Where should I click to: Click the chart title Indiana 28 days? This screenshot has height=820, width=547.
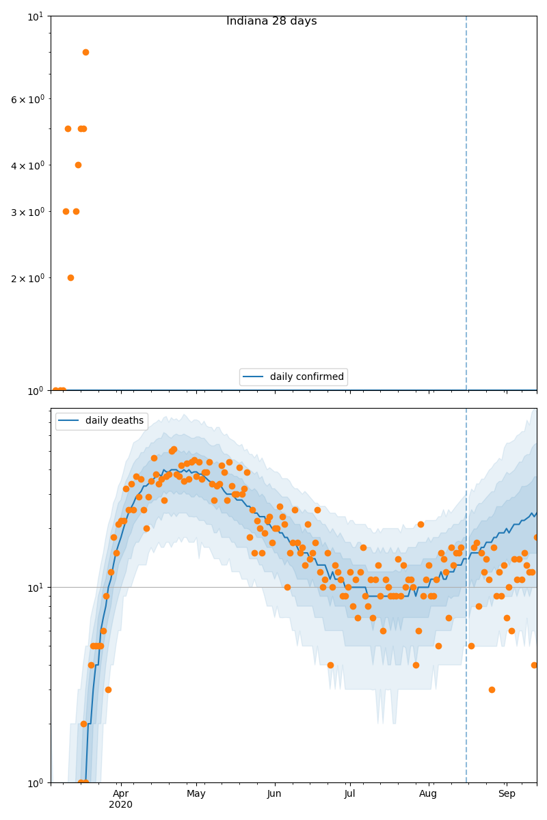coord(271,21)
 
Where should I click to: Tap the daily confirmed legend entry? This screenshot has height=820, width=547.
coord(293,377)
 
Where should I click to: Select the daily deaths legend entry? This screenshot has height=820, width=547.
coord(101,421)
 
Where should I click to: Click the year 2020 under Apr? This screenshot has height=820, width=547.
coord(120,804)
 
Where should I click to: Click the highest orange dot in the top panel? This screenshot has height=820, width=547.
coord(85,52)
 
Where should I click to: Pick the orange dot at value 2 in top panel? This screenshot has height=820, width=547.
coord(70,277)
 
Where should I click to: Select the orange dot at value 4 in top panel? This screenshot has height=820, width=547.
coord(78,165)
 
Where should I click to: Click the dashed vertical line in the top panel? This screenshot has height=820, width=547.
coord(466,205)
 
